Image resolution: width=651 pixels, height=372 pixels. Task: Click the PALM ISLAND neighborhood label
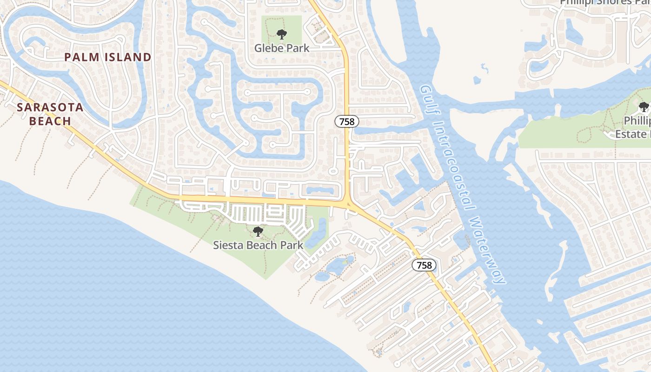click(107, 57)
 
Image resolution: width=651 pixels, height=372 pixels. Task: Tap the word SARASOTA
click(50, 108)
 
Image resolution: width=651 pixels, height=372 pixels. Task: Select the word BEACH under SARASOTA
click(50, 121)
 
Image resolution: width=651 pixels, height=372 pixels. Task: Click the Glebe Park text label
click(281, 48)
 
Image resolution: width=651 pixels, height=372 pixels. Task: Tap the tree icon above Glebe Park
click(281, 34)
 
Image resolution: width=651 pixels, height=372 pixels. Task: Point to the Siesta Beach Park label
click(258, 245)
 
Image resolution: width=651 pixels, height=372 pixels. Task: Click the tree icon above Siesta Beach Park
click(258, 231)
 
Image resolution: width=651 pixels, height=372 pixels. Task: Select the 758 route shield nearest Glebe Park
click(346, 122)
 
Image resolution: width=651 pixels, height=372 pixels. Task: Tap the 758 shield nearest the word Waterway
click(424, 266)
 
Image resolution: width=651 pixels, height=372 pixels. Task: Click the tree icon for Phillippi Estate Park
click(644, 107)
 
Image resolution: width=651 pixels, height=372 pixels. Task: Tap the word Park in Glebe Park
click(299, 48)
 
